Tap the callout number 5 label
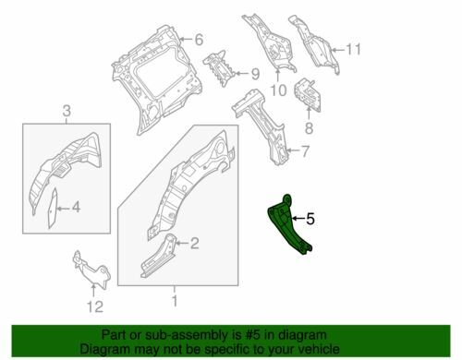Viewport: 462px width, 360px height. pos(310,219)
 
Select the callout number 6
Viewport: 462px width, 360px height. pos(199,40)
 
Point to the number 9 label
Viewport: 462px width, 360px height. pos(255,74)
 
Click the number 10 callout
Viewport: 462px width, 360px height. pos(278,90)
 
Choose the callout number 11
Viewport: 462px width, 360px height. pos(353,49)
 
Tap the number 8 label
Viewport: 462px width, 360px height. pos(309,128)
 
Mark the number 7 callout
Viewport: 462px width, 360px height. pos(304,151)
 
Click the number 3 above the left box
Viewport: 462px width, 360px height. pos(67,111)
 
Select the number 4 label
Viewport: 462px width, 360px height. pos(76,208)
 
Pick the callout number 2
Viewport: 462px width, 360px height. pos(194,244)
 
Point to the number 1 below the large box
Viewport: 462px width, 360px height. pos(175,301)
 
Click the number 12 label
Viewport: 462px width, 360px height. pos(95,306)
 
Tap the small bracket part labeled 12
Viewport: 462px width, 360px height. pos(91,270)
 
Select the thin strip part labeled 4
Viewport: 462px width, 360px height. pos(52,210)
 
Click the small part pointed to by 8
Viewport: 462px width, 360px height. pos(308,95)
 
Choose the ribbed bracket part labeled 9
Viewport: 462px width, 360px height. pos(219,68)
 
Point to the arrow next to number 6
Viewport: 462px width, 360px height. pos(186,39)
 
